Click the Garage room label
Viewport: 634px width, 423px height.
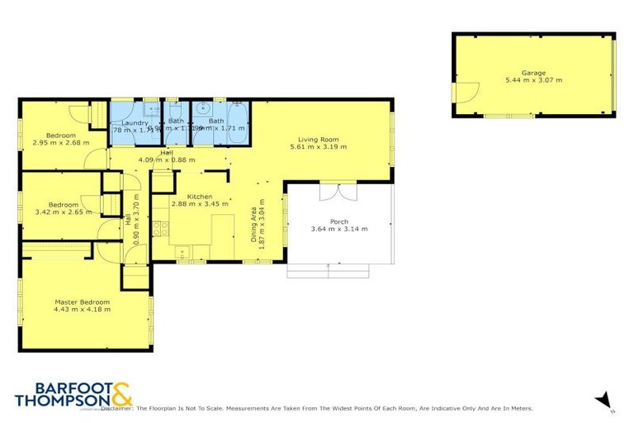click(x=534, y=72)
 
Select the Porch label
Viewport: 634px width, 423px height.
click(x=338, y=221)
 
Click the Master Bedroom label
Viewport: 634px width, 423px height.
click(x=82, y=302)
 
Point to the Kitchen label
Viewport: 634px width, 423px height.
click(x=200, y=196)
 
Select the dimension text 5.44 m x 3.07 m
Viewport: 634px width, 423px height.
click(x=534, y=80)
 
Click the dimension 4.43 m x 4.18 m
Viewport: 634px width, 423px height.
click(x=82, y=312)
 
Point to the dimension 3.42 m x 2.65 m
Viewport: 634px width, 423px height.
click(x=62, y=213)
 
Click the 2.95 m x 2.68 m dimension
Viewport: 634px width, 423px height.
click(x=60, y=143)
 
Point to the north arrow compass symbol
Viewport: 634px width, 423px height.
click(x=603, y=399)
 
